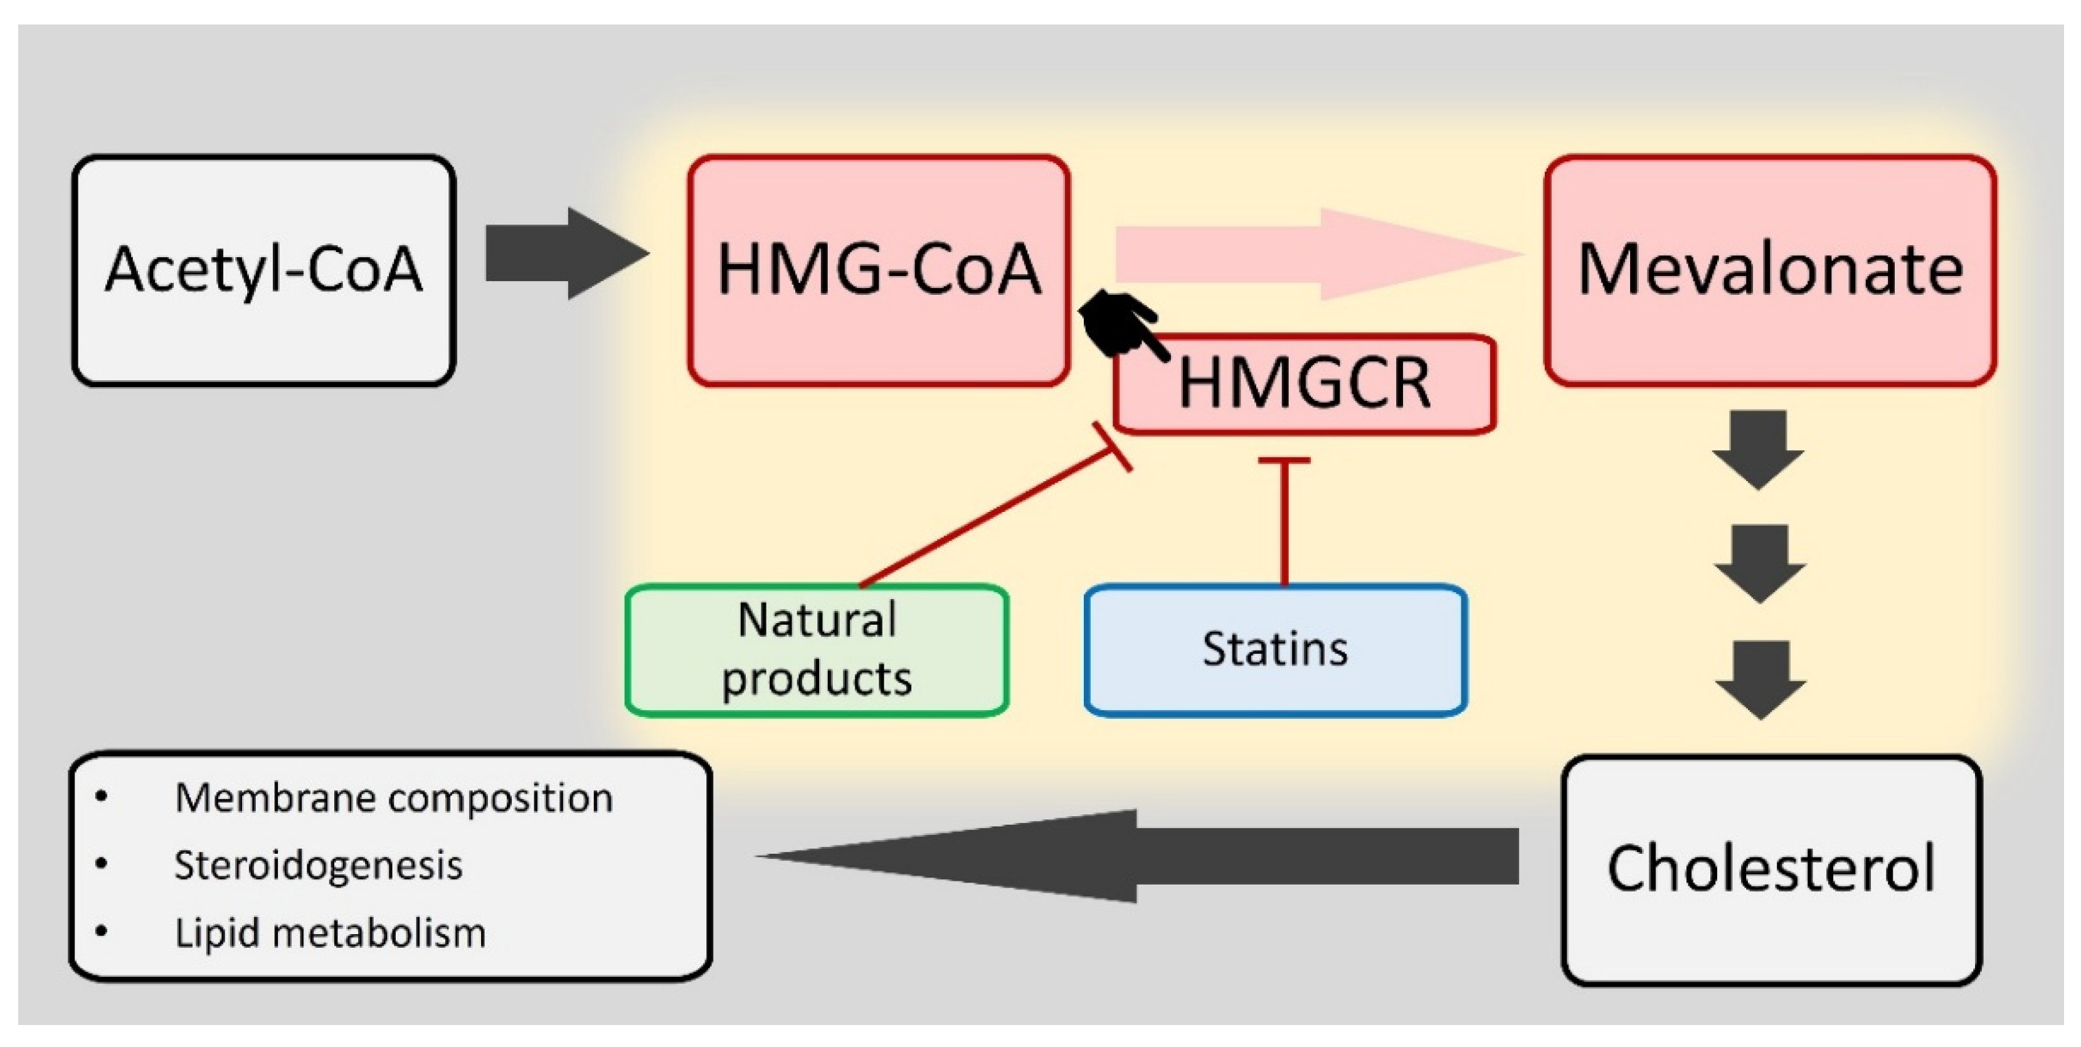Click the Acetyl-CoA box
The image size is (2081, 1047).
[x=264, y=270]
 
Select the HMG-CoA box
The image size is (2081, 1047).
[x=879, y=270]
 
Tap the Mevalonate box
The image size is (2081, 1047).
[x=1769, y=270]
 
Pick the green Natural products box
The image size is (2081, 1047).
[x=817, y=649]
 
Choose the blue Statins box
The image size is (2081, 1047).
[x=1276, y=649]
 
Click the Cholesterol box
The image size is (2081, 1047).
[x=1771, y=869]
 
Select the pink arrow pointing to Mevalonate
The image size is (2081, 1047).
[x=1317, y=253]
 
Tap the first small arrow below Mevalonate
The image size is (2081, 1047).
[x=1759, y=449]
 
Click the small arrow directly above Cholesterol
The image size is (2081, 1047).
[x=1761, y=679]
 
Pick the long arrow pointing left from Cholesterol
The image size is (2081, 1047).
[x=1131, y=856]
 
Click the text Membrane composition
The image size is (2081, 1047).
[x=393, y=798]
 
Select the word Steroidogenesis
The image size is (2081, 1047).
[x=318, y=865]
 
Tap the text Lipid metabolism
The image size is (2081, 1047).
[x=330, y=933]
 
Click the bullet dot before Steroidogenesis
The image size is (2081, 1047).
[x=101, y=864]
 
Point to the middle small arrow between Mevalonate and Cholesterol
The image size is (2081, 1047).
[x=1759, y=563]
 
